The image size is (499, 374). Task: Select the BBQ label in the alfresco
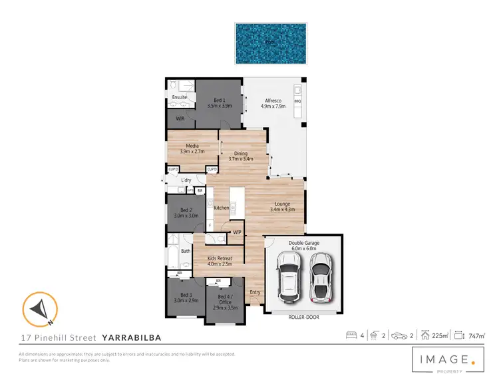click(297, 101)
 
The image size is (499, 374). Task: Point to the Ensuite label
click(179, 98)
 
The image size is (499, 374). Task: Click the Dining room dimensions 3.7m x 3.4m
click(240, 159)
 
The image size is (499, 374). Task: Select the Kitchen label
click(222, 208)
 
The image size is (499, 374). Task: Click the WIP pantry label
click(237, 232)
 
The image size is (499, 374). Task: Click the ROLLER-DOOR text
click(303, 317)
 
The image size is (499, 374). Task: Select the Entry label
click(255, 292)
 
